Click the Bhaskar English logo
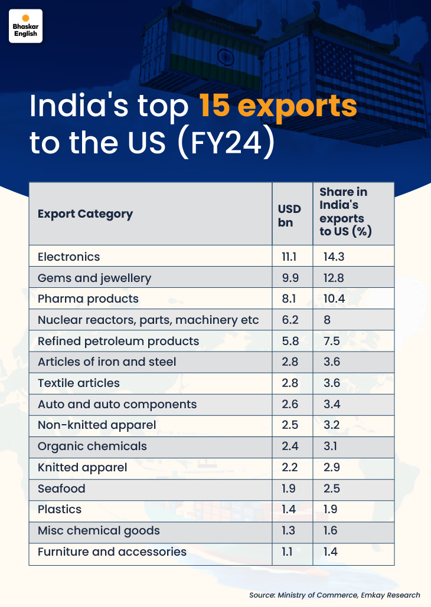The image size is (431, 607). pos(25,25)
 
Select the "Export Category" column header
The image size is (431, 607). pos(85,214)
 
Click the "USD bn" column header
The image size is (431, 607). pos(289,215)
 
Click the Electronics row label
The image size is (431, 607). pos(68,257)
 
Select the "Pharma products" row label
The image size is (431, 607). pos(88,298)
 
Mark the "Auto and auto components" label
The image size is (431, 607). pos(117,404)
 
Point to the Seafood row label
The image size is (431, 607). pos(61,488)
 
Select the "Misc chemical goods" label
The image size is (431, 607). pos(99,530)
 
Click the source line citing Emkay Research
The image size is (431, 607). pos(334,595)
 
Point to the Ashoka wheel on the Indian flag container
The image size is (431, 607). pos(224,57)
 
